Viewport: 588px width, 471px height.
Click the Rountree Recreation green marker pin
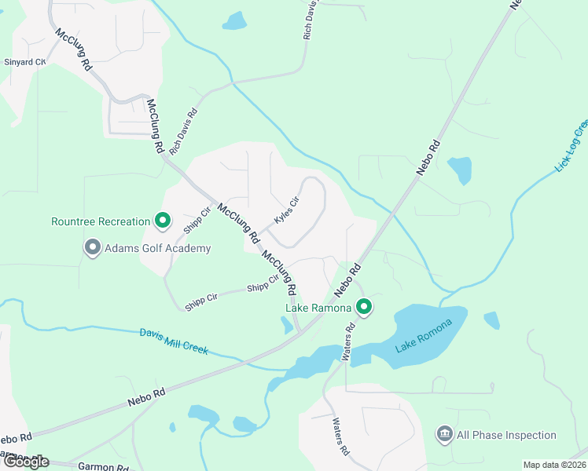pyautogui.click(x=163, y=221)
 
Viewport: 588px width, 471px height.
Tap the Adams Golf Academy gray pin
pyautogui.click(x=92, y=248)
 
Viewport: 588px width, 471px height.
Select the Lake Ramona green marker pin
pyautogui.click(x=363, y=307)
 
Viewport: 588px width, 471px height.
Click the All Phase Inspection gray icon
pyautogui.click(x=444, y=435)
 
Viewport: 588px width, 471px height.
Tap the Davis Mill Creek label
pyautogui.click(x=174, y=341)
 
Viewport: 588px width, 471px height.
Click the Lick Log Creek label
pyautogui.click(x=571, y=146)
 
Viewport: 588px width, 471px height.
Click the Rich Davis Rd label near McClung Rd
pyautogui.click(x=183, y=129)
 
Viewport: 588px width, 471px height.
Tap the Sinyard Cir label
pyautogui.click(x=24, y=61)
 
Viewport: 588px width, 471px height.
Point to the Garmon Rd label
pyautogui.click(x=103, y=467)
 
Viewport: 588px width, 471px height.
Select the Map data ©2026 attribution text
pyautogui.click(x=554, y=465)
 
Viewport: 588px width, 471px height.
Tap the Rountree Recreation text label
pyautogui.click(x=101, y=221)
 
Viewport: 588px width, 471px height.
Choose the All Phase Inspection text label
pyautogui.click(x=507, y=435)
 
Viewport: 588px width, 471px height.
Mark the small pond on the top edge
pyautogui.click(x=234, y=21)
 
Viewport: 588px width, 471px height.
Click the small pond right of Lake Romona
pyautogui.click(x=491, y=320)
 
